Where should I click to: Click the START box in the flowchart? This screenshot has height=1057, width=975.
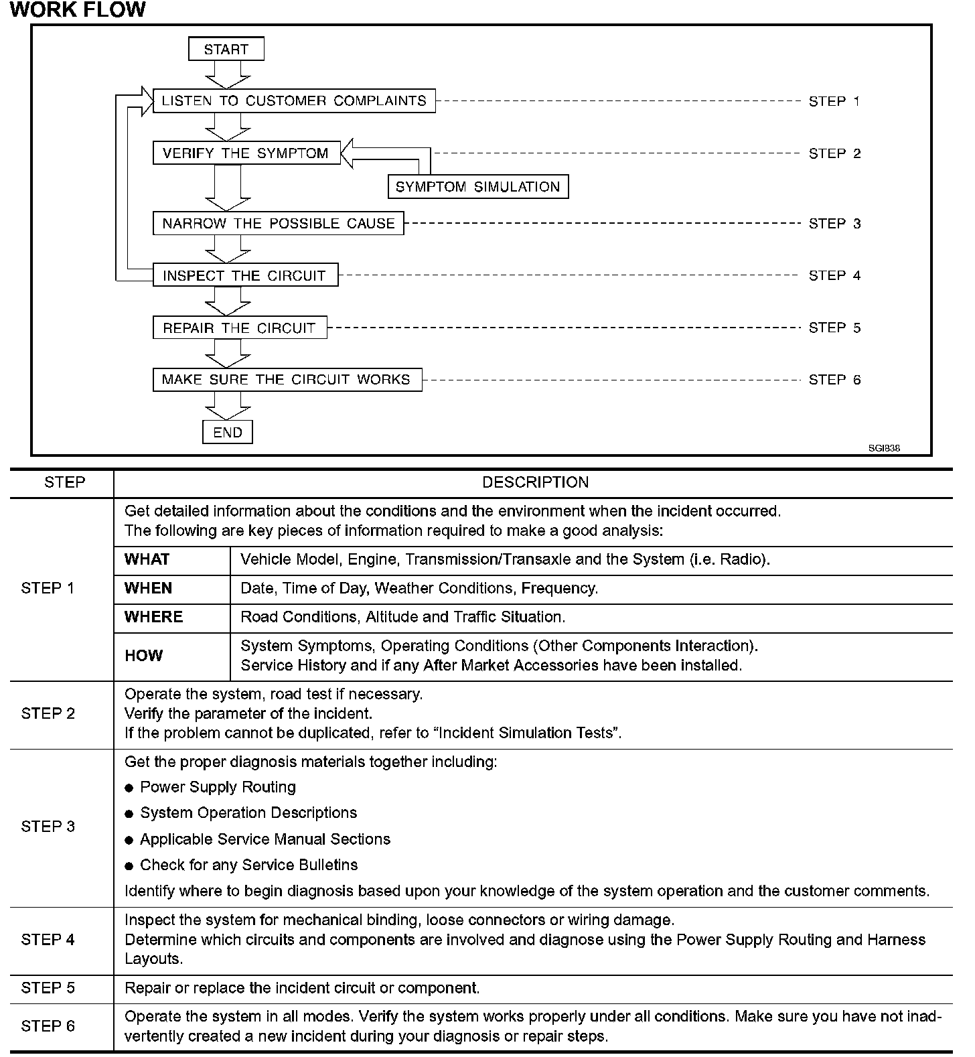tap(226, 49)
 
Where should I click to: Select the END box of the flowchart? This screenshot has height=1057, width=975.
tap(228, 432)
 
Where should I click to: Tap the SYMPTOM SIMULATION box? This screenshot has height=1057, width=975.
tap(478, 187)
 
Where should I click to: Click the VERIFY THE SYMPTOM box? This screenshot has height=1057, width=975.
tap(246, 153)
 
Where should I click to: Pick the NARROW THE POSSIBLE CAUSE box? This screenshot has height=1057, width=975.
tap(279, 223)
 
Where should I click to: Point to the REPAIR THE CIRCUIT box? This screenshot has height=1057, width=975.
tap(240, 328)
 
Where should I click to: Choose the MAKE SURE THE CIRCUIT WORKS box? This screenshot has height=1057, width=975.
tap(287, 380)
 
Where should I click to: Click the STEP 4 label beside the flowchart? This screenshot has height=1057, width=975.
tap(834, 275)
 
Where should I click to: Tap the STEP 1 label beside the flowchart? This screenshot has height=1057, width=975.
tap(834, 101)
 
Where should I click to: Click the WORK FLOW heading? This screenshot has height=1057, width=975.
tap(78, 10)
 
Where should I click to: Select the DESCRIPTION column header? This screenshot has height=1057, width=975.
tap(535, 482)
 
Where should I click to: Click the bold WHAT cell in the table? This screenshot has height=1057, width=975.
tap(147, 559)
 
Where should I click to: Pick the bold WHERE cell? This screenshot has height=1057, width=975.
tap(153, 617)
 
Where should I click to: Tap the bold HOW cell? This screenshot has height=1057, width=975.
tap(143, 655)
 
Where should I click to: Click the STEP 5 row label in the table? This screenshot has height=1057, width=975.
tap(48, 988)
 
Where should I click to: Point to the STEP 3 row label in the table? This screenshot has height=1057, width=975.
tap(48, 826)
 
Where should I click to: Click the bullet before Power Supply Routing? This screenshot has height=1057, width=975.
tap(129, 788)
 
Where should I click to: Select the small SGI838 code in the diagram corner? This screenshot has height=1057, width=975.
tap(884, 448)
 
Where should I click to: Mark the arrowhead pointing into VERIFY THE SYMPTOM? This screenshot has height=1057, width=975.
tap(350, 153)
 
